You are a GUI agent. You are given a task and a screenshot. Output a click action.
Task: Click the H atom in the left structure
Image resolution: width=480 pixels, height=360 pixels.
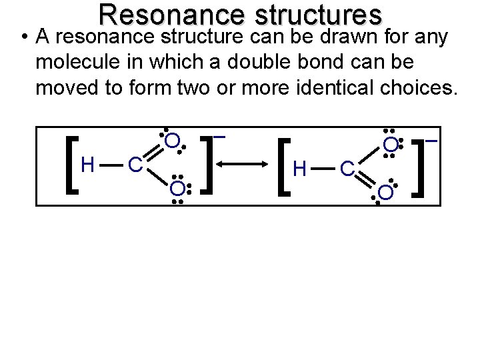coord(87,164)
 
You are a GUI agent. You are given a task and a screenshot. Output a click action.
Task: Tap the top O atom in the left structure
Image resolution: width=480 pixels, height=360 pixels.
coord(172,141)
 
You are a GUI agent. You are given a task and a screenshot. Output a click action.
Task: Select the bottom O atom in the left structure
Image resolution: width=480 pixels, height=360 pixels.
coord(176,188)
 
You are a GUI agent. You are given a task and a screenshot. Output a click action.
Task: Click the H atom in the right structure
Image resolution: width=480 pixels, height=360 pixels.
coord(300,170)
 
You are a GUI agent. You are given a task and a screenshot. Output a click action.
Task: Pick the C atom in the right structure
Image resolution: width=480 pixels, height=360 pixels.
coord(347,170)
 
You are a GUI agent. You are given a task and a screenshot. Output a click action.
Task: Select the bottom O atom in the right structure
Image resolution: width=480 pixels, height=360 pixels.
coord(385,193)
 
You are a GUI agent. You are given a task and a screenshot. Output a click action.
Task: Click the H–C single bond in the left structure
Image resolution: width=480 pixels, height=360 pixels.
coord(110,164)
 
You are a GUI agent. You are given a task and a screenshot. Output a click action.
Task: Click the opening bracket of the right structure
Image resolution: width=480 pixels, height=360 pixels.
coord(285,167)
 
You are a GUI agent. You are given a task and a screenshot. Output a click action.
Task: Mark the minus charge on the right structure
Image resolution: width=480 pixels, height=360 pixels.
coord(431,141)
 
